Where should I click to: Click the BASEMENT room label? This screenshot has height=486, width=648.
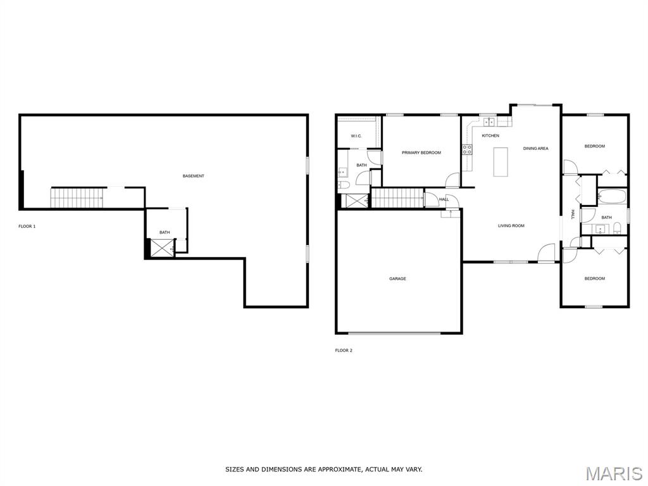point(194,176)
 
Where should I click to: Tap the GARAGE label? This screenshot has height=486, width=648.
point(397,279)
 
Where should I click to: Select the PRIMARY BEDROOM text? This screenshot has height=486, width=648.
point(421,153)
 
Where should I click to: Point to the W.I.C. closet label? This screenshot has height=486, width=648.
point(356,136)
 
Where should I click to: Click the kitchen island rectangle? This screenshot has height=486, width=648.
point(501,161)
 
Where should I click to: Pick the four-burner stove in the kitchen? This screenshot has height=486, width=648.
point(467,149)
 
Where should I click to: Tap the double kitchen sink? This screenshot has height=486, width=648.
point(490,121)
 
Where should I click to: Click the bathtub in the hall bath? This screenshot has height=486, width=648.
point(612,196)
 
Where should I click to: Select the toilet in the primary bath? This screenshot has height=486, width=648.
point(344,185)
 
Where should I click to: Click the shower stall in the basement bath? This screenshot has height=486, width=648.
point(163,248)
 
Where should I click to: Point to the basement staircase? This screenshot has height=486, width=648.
point(77,198)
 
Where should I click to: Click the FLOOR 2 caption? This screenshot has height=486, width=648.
point(344,351)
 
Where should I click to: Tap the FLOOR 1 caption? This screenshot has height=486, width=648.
point(27,227)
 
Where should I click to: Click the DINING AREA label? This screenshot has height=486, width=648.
point(535,148)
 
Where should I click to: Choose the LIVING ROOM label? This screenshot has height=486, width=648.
point(511,226)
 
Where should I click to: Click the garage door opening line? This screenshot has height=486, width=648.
point(394,333)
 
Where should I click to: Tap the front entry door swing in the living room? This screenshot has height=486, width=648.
point(546,252)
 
